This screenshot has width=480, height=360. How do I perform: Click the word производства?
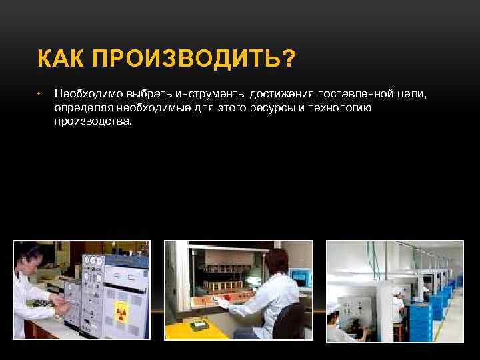[93, 121]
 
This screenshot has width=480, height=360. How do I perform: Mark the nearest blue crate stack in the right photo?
[420, 320]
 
